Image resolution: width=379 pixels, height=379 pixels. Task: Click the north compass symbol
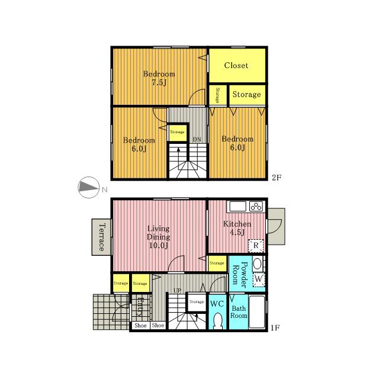point(89,187)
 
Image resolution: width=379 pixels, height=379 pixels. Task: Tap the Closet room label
point(236,65)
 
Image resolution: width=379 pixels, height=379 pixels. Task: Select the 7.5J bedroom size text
point(159,82)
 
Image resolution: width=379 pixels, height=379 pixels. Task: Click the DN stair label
point(197,139)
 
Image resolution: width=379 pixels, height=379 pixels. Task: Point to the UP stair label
point(177,290)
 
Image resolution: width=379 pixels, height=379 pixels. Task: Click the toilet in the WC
point(217,321)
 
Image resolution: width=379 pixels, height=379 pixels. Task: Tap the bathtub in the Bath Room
point(256,311)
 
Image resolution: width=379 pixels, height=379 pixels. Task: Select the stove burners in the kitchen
point(256,207)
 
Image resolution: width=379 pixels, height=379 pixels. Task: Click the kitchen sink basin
point(237,207)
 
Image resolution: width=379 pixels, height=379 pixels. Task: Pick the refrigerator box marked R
point(256,245)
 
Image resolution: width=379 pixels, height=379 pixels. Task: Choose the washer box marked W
point(258,279)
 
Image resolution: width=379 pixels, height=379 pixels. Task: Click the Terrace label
point(102,237)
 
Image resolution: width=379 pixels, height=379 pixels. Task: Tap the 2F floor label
point(277,178)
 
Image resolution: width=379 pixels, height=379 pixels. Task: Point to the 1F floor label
point(275,327)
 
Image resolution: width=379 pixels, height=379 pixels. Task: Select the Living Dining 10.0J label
point(158,237)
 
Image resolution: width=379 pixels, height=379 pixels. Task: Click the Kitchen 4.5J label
point(237,228)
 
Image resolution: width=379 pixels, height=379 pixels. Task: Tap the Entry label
point(140,307)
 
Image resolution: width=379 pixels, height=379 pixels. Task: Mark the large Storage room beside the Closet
point(247,95)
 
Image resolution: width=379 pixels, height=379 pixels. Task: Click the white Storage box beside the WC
point(197,302)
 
